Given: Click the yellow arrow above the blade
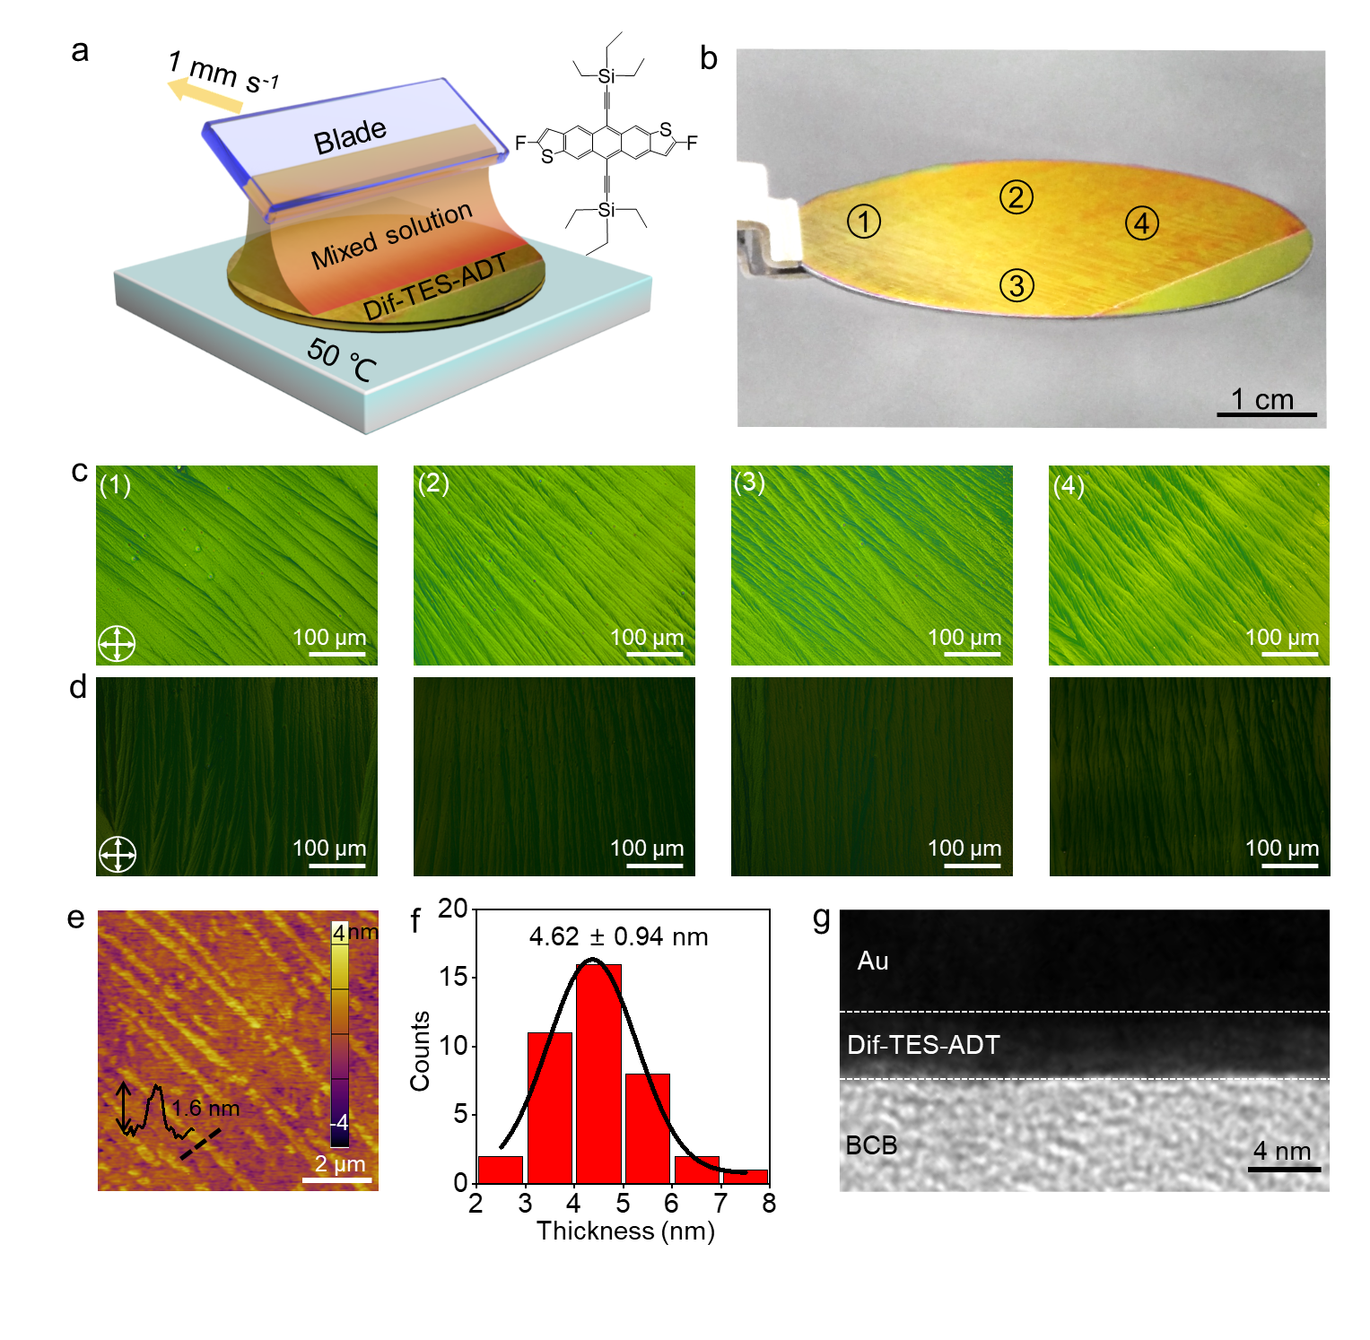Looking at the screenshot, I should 205,95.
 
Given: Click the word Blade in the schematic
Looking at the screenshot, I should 350,137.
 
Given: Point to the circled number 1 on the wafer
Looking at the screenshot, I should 864,221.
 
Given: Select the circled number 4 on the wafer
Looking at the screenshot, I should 1141,223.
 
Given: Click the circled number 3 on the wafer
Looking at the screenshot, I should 1017,286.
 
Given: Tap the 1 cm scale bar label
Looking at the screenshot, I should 1262,399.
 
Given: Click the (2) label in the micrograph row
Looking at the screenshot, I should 433,483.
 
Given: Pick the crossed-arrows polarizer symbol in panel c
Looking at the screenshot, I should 117,643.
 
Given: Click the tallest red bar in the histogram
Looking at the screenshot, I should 598,1073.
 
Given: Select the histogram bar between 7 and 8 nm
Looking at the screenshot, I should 745,1176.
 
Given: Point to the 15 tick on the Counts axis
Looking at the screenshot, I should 456,977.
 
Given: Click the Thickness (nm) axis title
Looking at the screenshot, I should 625,1231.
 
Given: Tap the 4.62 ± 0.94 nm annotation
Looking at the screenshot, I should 618,937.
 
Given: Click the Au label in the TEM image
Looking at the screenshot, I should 873,961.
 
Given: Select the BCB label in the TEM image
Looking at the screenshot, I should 871,1145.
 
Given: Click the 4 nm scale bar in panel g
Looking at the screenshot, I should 1284,1169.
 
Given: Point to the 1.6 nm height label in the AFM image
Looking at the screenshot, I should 205,1109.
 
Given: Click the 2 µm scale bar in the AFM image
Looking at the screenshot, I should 337,1179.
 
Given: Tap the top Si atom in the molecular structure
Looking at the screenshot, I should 607,76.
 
